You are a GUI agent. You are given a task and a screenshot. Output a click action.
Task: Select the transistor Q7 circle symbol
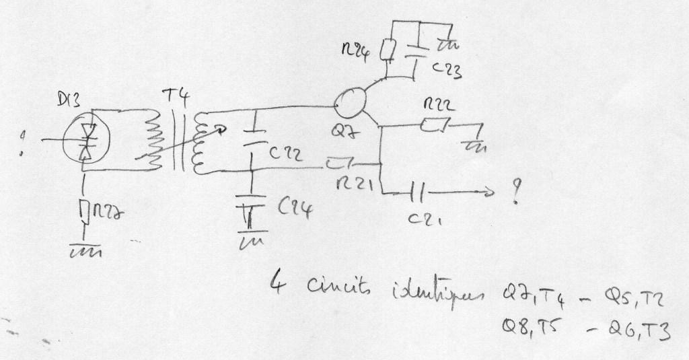pos(352,104)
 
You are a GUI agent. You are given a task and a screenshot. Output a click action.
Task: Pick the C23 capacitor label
pos(447,69)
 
